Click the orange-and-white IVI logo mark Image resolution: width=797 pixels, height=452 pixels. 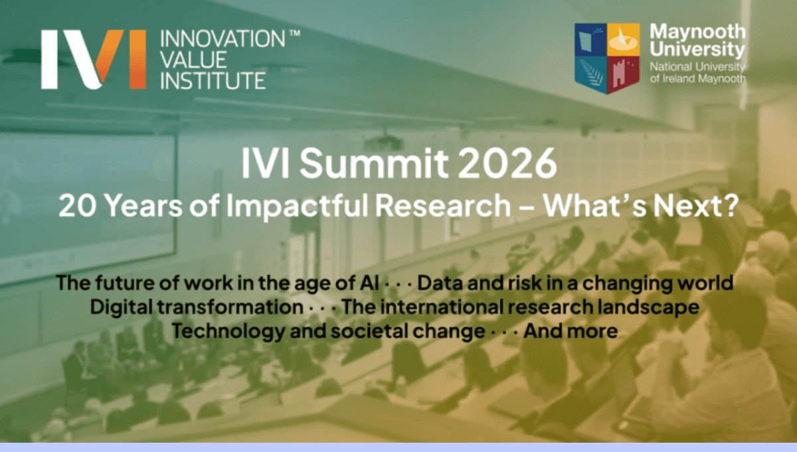94,59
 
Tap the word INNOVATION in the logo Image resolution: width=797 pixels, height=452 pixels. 222,39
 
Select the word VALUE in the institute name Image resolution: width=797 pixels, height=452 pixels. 193,59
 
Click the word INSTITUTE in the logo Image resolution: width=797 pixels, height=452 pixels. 213,80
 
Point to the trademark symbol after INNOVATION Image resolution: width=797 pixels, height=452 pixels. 295,33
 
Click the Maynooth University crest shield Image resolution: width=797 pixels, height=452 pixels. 607,58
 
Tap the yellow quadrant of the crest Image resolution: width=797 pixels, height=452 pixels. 624,39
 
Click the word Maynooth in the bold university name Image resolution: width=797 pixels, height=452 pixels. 698,33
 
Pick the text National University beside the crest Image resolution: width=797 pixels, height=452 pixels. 697,66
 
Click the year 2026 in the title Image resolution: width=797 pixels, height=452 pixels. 507,163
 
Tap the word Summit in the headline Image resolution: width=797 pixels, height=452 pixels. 373,163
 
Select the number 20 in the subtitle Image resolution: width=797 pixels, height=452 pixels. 77,205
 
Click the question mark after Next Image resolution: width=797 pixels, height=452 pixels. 730,205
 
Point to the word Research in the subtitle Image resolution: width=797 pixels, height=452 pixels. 444,205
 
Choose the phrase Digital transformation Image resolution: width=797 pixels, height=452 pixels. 197,307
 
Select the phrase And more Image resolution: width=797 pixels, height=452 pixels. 571,331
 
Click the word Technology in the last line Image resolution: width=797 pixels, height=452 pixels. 228,332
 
